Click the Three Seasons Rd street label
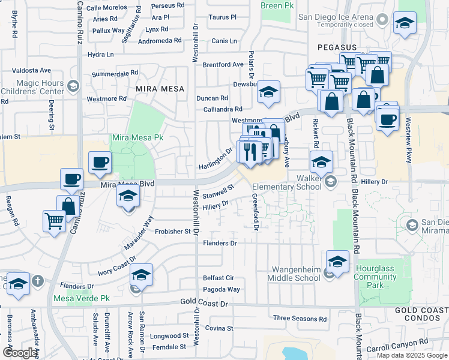[x=300, y=318]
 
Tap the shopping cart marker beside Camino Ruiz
[x=55, y=221]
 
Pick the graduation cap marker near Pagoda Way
[x=141, y=275]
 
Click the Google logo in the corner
[x=20, y=353]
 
